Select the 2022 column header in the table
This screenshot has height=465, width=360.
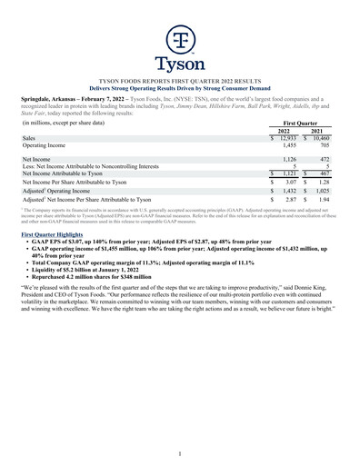[285, 130]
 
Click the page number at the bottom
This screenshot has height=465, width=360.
[180, 453]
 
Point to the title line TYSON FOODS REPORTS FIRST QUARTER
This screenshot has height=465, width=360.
[180, 81]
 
